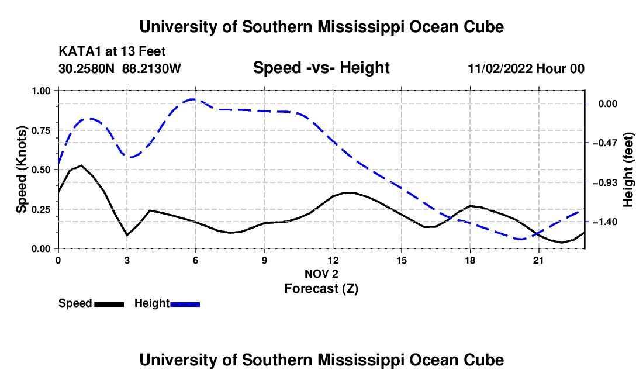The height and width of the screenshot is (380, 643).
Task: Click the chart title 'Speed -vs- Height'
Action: (321, 68)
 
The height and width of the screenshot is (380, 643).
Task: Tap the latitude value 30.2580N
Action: (87, 68)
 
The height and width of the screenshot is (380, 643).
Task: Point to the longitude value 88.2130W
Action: (151, 68)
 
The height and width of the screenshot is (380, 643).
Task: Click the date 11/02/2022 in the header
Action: (500, 68)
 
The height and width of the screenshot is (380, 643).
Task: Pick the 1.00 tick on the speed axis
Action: (40, 91)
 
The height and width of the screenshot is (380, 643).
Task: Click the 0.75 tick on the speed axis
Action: (40, 130)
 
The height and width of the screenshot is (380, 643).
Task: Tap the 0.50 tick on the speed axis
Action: (40, 170)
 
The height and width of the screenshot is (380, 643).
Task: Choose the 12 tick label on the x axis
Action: (333, 260)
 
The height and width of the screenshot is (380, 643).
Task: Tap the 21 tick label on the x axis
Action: (538, 260)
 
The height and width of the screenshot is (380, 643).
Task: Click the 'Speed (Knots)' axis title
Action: (21, 170)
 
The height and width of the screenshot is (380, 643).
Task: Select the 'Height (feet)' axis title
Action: (628, 170)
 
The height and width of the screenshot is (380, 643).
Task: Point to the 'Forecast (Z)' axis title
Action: (321, 289)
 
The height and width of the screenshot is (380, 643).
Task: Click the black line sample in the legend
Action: (109, 304)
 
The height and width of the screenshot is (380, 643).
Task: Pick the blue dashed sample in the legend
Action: (185, 304)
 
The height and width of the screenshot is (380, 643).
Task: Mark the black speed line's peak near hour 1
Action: (82, 165)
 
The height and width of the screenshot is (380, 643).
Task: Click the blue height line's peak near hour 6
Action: (193, 99)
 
